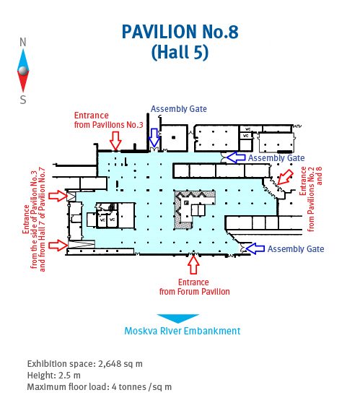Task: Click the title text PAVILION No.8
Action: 180,32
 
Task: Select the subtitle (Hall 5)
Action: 180,52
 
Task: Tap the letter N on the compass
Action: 23,42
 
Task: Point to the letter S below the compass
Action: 23,100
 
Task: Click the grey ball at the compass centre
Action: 23,71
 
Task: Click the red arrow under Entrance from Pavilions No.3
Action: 115,141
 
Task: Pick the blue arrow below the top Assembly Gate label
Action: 154,137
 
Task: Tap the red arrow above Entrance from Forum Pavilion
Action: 193,265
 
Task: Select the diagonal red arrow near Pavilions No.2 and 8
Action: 285,177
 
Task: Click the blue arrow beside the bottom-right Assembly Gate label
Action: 255,248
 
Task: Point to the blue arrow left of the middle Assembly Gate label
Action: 236,157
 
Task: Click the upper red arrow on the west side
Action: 58,196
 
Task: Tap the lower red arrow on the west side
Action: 58,245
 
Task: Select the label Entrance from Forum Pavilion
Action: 194,287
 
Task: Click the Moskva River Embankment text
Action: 183,331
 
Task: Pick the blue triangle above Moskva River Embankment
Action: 178,318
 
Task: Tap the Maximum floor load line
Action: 100,387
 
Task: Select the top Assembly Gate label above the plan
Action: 179,109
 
